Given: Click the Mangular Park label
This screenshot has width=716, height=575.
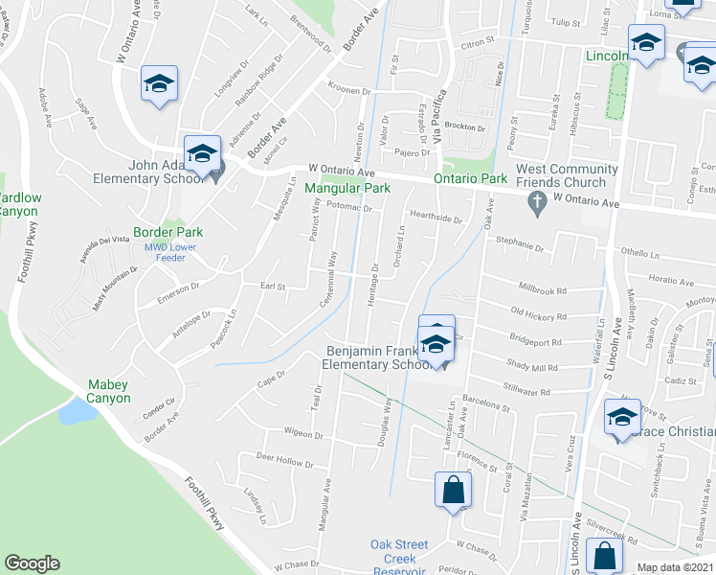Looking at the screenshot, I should coord(347,189).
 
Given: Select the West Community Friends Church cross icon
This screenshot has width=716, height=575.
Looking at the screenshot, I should coord(537,202).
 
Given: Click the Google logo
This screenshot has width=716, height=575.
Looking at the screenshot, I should coord(32,563).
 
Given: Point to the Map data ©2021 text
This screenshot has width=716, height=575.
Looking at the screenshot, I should coord(675,567).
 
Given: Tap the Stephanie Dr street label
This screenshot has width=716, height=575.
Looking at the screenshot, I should coord(518,246).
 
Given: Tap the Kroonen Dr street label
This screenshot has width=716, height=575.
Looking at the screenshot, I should coord(348,91).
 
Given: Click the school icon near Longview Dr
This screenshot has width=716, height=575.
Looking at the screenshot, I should coord(160,82).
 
